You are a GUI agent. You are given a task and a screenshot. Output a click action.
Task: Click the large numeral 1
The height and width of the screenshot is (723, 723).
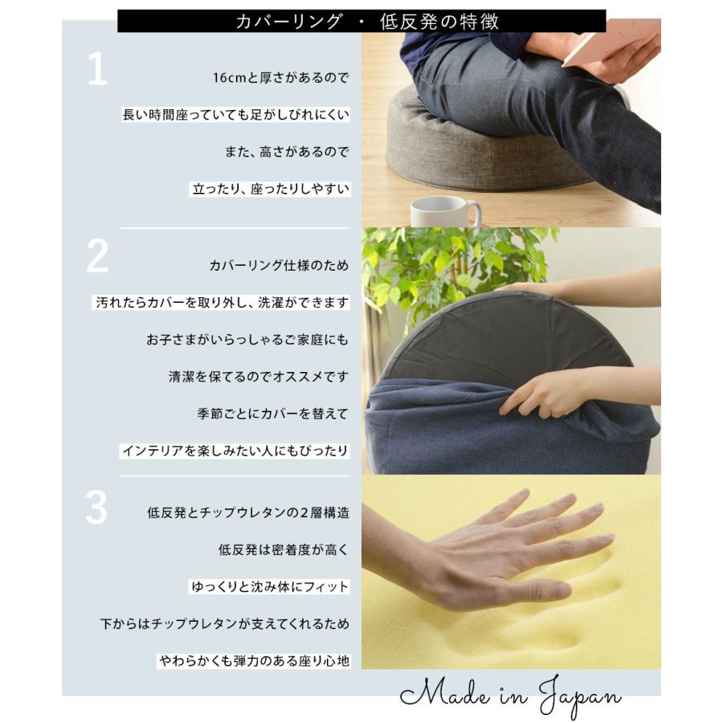[98, 68]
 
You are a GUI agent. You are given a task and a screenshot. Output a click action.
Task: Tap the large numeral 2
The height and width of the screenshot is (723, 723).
[97, 256]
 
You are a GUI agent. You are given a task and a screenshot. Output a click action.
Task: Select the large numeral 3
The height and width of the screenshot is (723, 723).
[97, 507]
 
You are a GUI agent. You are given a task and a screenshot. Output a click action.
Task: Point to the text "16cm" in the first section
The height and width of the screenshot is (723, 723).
[229, 77]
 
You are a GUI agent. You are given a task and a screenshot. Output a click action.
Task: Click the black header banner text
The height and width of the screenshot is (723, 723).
[366, 22]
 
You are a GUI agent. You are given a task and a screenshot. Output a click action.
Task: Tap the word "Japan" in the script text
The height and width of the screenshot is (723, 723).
[580, 696]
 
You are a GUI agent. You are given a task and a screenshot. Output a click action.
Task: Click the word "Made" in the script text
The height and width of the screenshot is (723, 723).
[444, 692]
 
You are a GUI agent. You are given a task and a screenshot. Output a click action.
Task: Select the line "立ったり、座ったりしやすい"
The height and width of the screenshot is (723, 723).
[271, 189]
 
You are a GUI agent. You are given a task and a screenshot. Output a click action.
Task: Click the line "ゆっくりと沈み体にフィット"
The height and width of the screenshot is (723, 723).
[270, 586]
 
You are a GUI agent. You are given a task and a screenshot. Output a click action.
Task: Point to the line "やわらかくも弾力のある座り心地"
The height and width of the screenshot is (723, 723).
[254, 661]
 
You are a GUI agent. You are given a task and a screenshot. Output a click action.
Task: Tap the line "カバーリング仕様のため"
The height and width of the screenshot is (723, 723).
[279, 265]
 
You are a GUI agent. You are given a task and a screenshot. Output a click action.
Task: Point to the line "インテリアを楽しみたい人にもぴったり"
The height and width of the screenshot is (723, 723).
[235, 451]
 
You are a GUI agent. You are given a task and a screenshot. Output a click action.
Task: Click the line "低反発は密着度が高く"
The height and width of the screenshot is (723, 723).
[284, 549]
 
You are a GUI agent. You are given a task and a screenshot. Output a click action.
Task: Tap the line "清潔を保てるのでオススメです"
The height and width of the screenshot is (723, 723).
[259, 377]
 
